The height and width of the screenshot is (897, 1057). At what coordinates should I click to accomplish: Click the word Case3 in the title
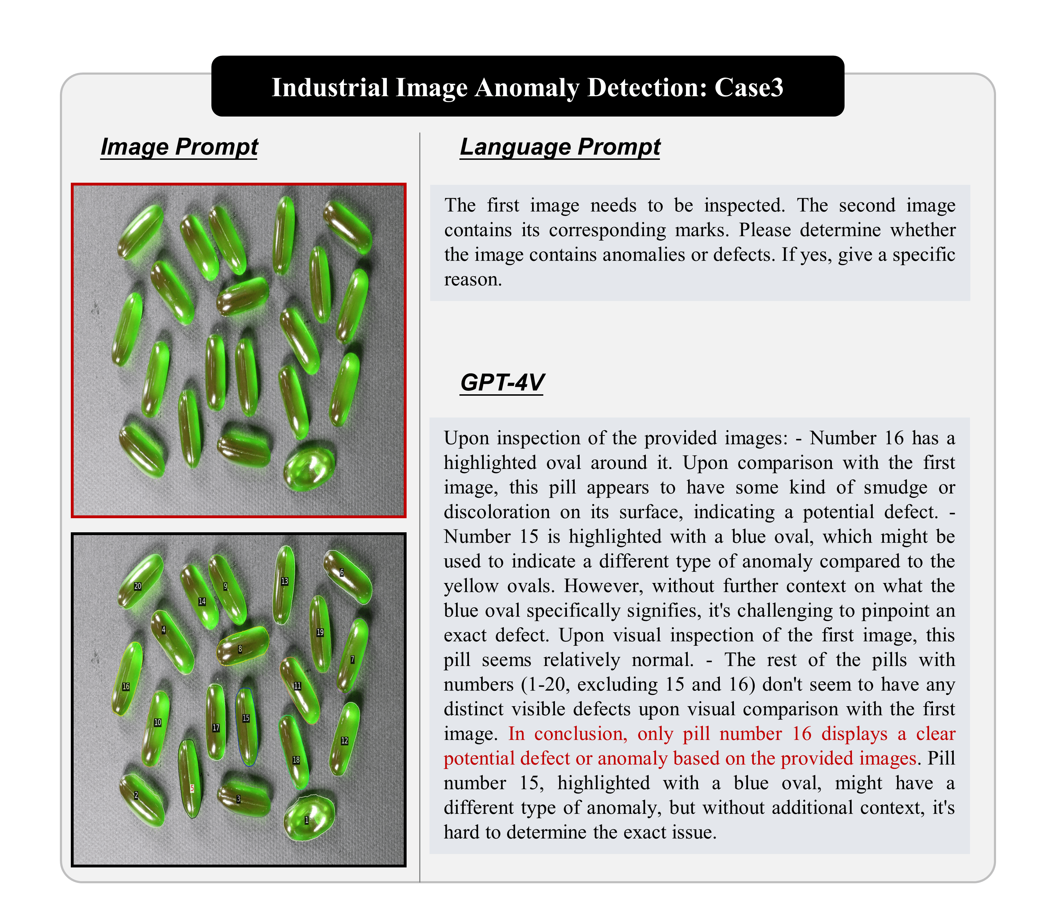749,87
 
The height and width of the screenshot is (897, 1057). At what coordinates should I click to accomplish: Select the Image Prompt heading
179,147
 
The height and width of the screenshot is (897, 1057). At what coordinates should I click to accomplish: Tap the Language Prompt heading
560,147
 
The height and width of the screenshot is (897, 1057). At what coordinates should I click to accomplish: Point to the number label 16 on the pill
126,686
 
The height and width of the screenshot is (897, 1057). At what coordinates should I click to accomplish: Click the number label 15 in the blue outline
246,718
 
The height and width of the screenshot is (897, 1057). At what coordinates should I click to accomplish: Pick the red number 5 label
192,788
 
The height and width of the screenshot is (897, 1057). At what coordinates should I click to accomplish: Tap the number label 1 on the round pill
307,820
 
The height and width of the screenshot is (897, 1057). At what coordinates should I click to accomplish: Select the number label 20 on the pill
137,586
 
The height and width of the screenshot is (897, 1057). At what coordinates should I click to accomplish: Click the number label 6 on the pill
341,572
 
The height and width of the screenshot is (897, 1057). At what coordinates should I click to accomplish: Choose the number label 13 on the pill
284,581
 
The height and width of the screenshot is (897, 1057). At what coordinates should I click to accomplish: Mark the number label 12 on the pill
345,740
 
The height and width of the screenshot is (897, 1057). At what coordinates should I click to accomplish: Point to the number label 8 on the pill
240,649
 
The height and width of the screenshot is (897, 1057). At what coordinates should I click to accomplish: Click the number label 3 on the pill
238,799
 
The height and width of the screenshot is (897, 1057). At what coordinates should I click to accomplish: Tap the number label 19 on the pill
320,632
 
